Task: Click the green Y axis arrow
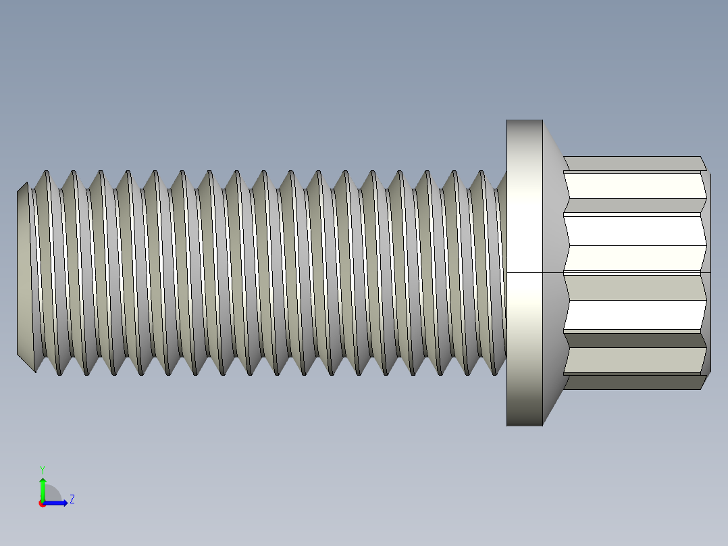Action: point(43,487)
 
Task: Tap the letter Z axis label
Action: point(72,499)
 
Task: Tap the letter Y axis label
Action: point(42,469)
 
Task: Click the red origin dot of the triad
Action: point(42,503)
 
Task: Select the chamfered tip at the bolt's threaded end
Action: point(23,270)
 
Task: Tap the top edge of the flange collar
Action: point(525,121)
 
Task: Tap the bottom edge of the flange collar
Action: point(525,424)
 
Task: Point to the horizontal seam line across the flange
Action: point(525,272)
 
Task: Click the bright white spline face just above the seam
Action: point(635,230)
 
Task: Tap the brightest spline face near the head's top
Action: point(635,185)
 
